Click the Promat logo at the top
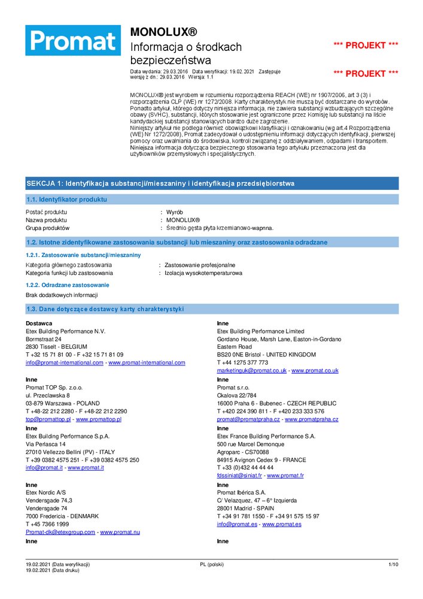click(73, 41)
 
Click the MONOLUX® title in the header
click(163, 32)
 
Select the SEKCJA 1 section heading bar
click(212, 183)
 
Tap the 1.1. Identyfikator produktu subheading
click(66, 199)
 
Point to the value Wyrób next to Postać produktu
click(175, 212)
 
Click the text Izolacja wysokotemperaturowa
click(203, 273)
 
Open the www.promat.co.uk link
click(315, 370)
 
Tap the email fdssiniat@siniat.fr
click(239, 475)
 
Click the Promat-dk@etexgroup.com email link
click(60, 532)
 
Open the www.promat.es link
click(282, 524)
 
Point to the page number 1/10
click(393, 564)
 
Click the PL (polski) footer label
click(212, 564)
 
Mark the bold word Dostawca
click(39, 323)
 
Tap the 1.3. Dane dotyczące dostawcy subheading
click(105, 309)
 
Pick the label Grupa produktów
click(48, 228)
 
